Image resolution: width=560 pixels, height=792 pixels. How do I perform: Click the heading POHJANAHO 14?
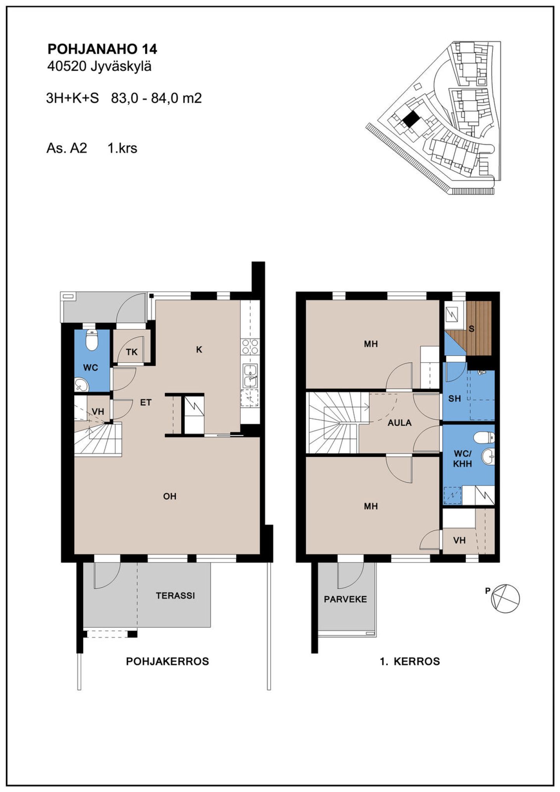pos(102,49)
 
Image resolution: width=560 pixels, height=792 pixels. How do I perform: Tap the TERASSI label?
pos(175,595)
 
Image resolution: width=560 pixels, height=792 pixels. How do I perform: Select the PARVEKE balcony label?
pos(345,599)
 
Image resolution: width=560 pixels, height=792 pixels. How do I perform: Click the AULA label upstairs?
pos(399,423)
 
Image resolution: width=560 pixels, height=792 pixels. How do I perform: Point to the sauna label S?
pos(472,329)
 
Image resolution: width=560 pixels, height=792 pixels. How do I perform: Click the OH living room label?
pos(170,496)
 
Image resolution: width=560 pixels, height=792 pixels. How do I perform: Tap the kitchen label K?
pos(199,350)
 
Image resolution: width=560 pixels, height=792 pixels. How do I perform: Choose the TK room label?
pos(132,352)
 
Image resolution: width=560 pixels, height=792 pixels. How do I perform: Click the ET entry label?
pos(145,402)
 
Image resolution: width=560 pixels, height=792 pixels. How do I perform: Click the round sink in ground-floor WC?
pos(82,385)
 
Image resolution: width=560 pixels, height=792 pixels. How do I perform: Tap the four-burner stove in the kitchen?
pos(250,346)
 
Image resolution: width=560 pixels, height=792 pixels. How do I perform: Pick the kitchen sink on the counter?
pos(250,376)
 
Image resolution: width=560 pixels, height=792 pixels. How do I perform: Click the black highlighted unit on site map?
pos(411,119)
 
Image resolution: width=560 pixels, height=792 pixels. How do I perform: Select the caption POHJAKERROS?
pos(168,661)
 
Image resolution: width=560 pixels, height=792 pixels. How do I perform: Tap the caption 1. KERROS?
pos(410,661)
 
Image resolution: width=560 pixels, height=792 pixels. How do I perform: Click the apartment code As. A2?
pos(66,148)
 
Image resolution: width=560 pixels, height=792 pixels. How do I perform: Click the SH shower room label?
pos(454,399)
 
